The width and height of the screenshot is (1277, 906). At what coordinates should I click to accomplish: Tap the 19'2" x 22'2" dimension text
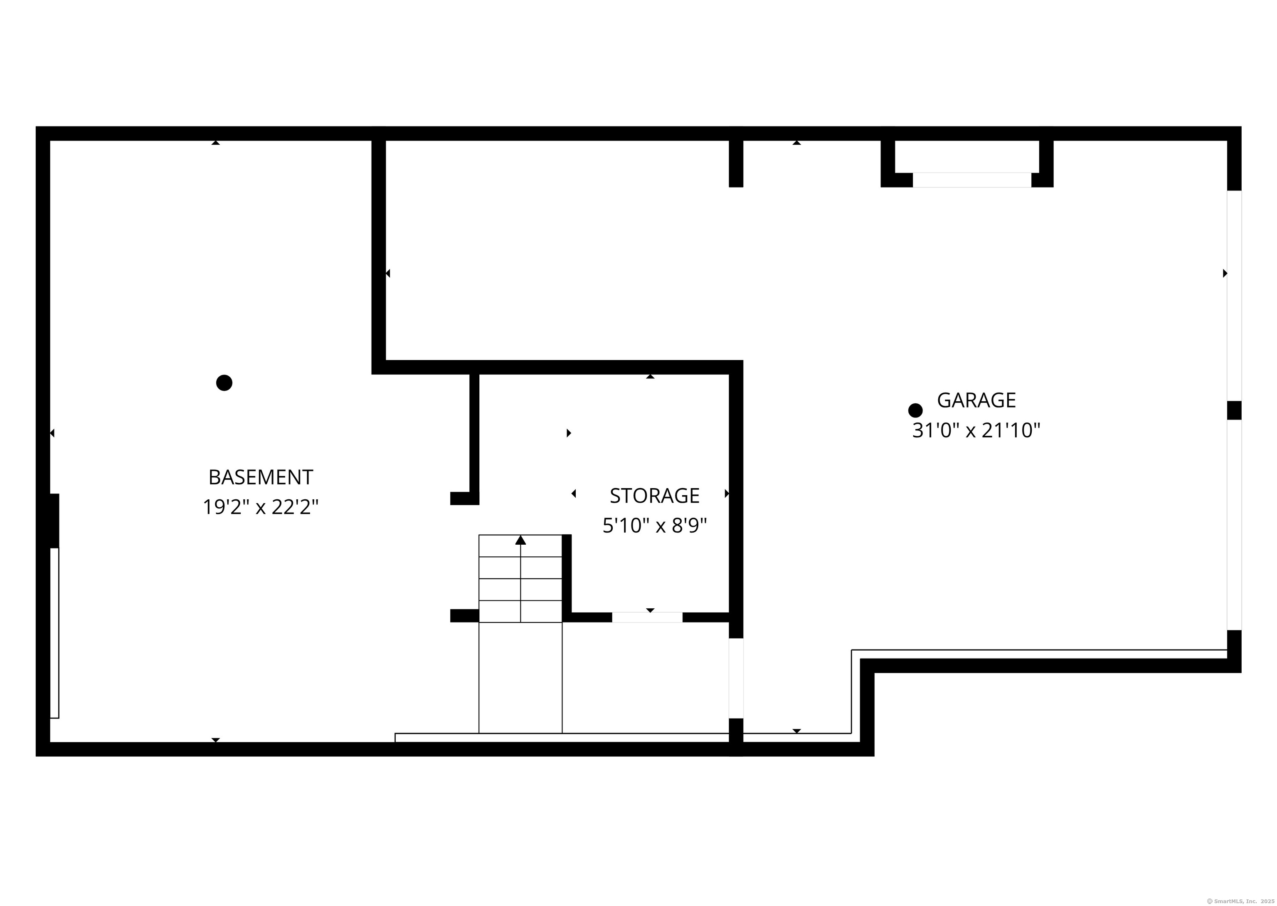point(260,507)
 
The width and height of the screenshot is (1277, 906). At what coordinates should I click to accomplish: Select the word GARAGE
point(976,400)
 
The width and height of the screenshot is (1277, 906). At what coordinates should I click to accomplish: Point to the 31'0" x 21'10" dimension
point(976,431)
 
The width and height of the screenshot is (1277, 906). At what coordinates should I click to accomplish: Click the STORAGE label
point(654,495)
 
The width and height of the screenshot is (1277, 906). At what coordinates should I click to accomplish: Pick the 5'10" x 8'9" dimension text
point(654,526)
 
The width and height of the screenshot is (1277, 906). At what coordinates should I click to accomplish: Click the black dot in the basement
point(224,383)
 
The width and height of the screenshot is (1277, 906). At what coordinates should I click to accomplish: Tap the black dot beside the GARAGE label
point(915,411)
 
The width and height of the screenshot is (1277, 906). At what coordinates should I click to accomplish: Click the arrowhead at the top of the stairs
point(520,540)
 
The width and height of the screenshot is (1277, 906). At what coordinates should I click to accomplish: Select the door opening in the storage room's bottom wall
point(647,617)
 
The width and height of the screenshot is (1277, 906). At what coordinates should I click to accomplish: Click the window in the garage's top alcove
point(971,180)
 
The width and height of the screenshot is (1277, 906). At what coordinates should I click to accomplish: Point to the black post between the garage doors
point(1234,410)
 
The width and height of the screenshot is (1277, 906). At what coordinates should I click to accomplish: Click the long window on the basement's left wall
point(54,633)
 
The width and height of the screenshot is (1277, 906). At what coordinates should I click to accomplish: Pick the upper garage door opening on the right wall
point(1234,296)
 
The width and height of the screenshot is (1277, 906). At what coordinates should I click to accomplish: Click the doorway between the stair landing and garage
point(736,678)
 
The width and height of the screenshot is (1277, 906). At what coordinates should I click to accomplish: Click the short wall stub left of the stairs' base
point(464,615)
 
